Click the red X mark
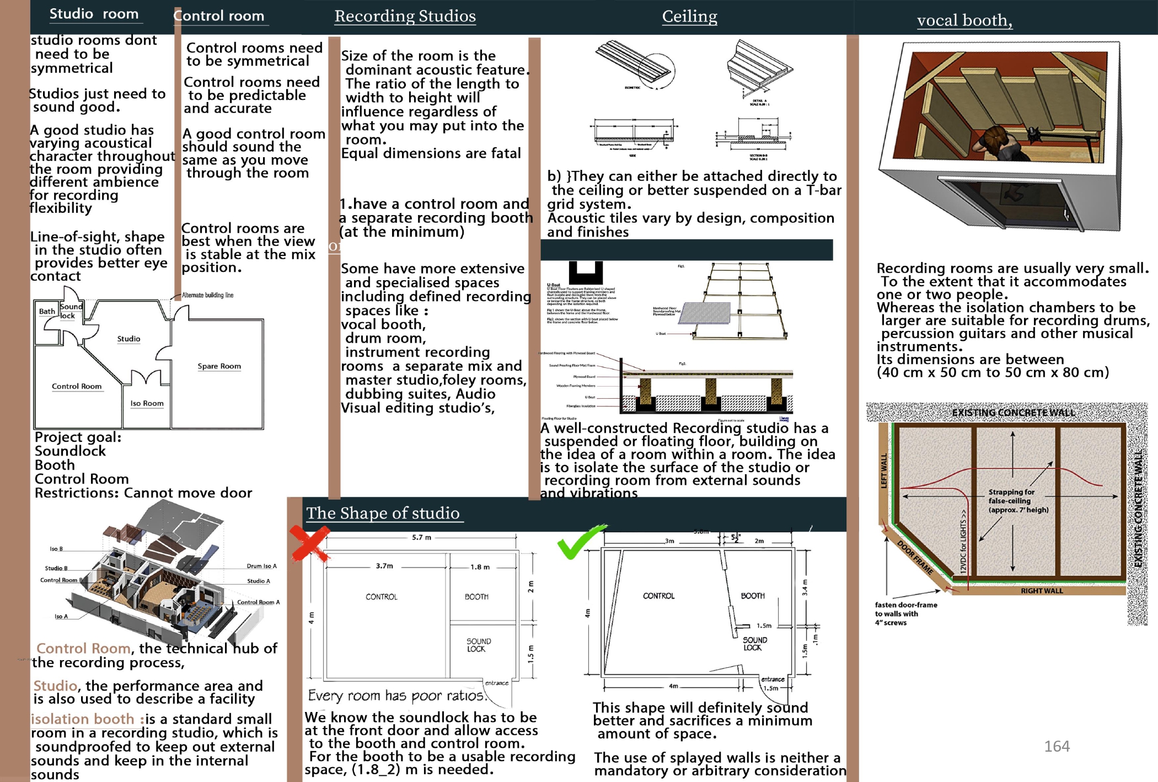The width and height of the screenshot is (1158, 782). [x=309, y=543]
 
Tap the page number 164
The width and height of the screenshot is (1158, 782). [x=1057, y=746]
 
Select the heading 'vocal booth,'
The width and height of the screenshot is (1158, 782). [x=964, y=20]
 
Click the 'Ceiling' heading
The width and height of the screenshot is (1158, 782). [x=689, y=17]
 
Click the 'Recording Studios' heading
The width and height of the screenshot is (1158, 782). [x=405, y=17]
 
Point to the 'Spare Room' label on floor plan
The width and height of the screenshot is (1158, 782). [x=219, y=366]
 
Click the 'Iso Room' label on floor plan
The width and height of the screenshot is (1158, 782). [x=147, y=403]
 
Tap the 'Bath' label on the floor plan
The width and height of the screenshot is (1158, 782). [x=47, y=311]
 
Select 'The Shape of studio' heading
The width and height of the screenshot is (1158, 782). [x=383, y=513]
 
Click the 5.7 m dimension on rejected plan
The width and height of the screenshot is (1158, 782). [x=421, y=537]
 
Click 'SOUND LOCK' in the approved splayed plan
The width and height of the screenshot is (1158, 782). [x=754, y=644]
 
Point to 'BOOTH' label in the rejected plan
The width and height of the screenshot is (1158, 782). [x=476, y=597]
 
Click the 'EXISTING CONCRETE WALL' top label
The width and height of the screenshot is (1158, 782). [x=1013, y=413]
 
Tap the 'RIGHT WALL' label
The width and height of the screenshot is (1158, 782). [x=1041, y=591]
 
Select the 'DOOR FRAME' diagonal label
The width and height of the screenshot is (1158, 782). [x=915, y=558]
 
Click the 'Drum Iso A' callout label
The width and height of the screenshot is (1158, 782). [x=261, y=566]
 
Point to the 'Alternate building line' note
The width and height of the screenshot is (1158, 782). [x=207, y=295]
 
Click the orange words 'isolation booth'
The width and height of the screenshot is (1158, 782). [x=83, y=719]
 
